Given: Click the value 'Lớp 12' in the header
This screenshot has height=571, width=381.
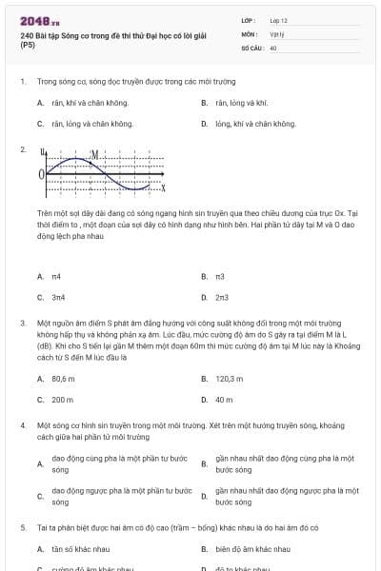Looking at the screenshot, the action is click(x=279, y=19).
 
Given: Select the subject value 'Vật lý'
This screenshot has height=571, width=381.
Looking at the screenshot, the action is click(x=277, y=32).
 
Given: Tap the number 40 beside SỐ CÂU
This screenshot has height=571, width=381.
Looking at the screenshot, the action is click(x=273, y=47).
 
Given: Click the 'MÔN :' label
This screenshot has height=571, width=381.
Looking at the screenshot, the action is click(x=250, y=32).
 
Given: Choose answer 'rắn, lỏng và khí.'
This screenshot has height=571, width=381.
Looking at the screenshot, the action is click(x=241, y=102).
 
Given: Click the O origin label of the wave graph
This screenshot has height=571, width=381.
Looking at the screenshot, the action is click(x=41, y=175).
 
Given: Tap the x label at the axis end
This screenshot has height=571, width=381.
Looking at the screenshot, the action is click(x=163, y=187).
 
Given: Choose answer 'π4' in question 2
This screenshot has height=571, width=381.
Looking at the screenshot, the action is click(x=56, y=276).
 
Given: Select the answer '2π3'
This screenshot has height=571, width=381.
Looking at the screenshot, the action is click(x=222, y=298).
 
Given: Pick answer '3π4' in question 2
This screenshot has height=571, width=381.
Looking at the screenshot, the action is click(x=58, y=298).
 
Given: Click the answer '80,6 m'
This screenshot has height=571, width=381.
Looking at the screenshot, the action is click(x=64, y=378).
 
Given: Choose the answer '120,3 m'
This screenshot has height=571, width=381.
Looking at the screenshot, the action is click(x=230, y=378).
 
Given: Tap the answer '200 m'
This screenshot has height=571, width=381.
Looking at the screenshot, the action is click(x=63, y=400).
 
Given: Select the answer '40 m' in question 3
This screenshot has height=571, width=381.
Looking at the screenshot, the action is click(x=225, y=400).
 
